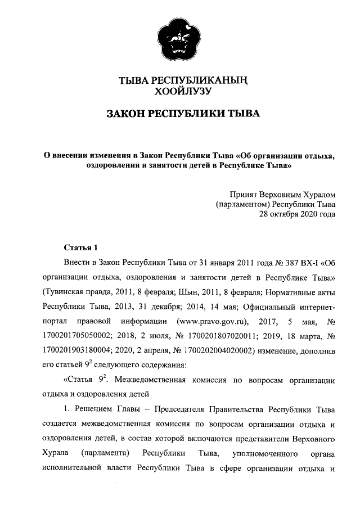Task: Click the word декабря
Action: tap(177, 307)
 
